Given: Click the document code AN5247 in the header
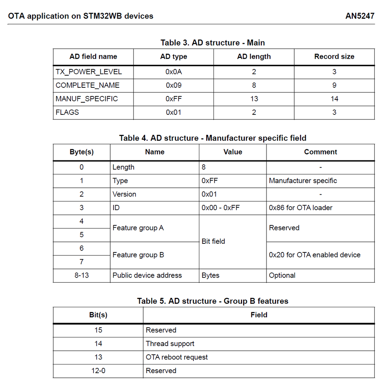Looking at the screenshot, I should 360,16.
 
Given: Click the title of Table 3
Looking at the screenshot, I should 213,42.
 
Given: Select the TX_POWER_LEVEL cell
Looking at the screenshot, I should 89,72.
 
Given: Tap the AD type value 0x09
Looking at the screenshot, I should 173,85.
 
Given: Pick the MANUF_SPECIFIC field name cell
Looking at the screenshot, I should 87,99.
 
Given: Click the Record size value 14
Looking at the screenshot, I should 334,99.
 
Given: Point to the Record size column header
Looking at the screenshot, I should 334,56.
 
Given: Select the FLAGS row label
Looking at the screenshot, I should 67,112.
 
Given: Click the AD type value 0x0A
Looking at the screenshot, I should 173,72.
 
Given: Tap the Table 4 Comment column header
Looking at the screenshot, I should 321,152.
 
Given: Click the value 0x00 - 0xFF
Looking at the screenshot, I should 221,208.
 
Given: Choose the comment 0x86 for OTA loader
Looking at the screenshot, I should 301,208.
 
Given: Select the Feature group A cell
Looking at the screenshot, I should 138,228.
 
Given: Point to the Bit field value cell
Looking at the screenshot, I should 213,241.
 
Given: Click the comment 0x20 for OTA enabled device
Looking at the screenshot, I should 315,255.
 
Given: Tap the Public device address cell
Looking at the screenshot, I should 147,275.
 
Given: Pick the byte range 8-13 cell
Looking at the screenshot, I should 82,275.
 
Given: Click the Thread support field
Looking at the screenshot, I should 170,344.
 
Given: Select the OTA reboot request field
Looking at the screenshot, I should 177,357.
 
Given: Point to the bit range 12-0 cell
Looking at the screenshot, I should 98,371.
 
